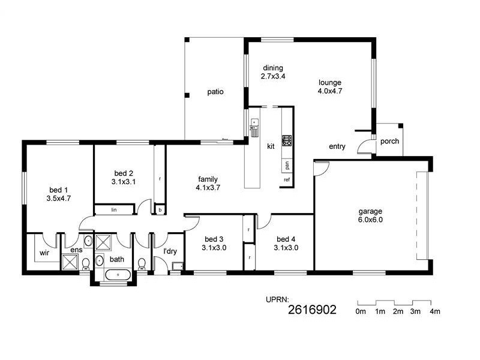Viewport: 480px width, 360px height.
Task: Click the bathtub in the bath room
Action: [x=118, y=275]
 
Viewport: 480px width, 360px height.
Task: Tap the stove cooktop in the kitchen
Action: [x=287, y=140]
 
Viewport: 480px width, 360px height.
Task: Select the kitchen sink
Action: [x=254, y=127]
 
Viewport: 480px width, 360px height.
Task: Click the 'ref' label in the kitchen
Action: [x=287, y=179]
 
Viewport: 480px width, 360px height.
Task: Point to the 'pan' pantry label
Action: [x=287, y=166]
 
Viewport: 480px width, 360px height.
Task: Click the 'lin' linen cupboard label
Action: [x=114, y=209]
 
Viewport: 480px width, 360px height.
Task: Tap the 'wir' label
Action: [x=44, y=253]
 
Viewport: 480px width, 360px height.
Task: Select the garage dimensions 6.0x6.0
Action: [x=370, y=220]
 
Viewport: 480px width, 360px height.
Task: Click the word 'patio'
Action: [x=215, y=92]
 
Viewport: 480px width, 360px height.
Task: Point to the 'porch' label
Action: [x=389, y=142]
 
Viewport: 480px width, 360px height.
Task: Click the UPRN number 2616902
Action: [x=312, y=310]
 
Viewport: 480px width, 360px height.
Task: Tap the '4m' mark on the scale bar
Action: [x=435, y=311]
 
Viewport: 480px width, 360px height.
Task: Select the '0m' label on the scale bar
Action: [x=361, y=311]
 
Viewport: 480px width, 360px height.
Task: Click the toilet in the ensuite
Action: [x=86, y=264]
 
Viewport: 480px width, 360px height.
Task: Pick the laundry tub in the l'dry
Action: [x=177, y=266]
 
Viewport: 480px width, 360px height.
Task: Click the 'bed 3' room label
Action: [x=214, y=239]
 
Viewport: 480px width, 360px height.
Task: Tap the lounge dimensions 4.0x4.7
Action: [x=330, y=91]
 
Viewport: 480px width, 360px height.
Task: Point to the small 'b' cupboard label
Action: [x=160, y=211]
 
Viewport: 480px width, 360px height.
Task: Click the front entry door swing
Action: [x=364, y=146]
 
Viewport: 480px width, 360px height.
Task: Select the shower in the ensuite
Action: [x=70, y=262]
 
